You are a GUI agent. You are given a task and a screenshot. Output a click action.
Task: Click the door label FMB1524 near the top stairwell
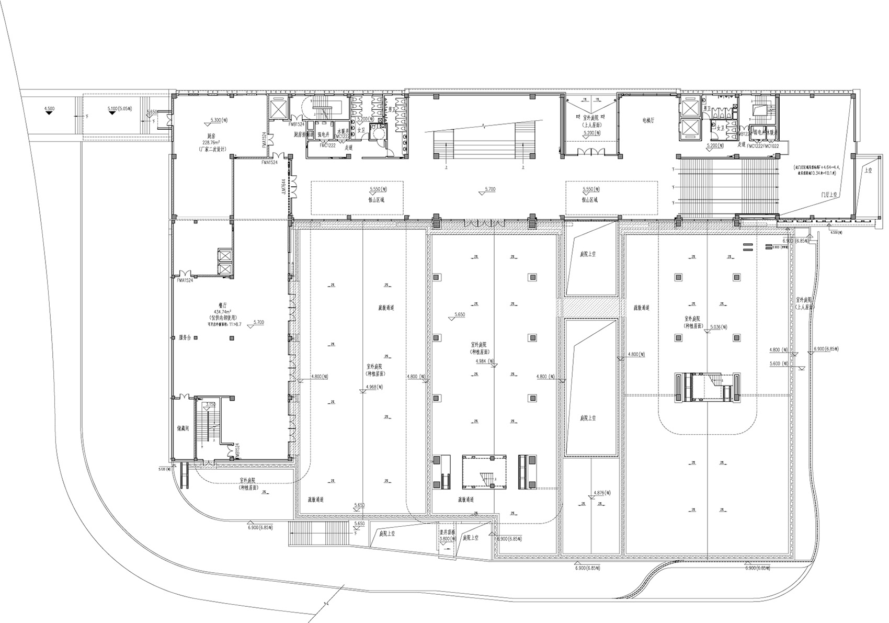296,124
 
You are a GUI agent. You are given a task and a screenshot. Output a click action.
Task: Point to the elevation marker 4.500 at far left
49,109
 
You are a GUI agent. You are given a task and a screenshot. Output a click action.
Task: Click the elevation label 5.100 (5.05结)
119,109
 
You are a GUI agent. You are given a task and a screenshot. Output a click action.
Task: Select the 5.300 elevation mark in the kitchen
219,120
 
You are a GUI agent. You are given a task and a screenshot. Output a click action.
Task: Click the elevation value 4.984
485,361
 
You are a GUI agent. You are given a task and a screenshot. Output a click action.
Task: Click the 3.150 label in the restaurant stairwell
211,404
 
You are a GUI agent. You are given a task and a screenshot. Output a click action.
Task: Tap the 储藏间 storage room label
183,427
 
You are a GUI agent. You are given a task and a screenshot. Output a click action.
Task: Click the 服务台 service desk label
185,337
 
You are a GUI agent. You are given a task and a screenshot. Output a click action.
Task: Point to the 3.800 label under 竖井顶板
446,538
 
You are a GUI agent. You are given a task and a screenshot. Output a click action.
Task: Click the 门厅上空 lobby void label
828,194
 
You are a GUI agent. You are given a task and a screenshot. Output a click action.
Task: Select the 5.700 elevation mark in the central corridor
489,189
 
